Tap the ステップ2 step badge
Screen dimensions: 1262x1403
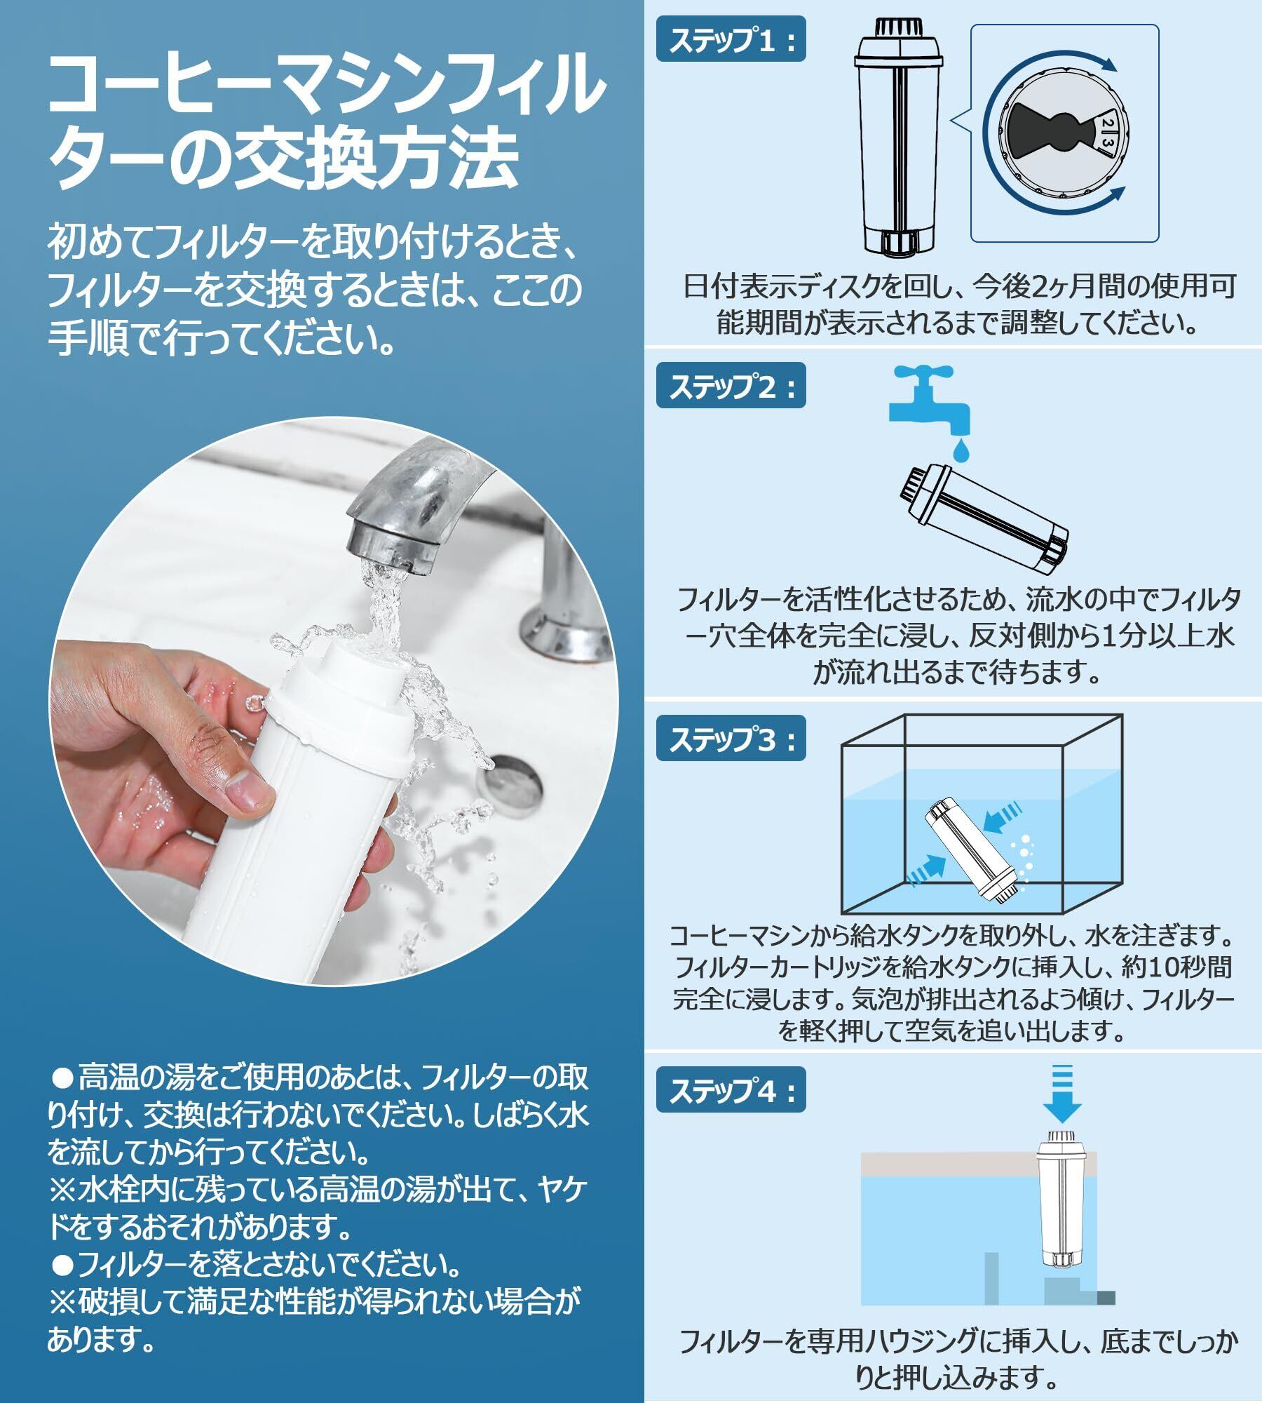pos(731,387)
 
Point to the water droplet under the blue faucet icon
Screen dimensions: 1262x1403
pos(958,449)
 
